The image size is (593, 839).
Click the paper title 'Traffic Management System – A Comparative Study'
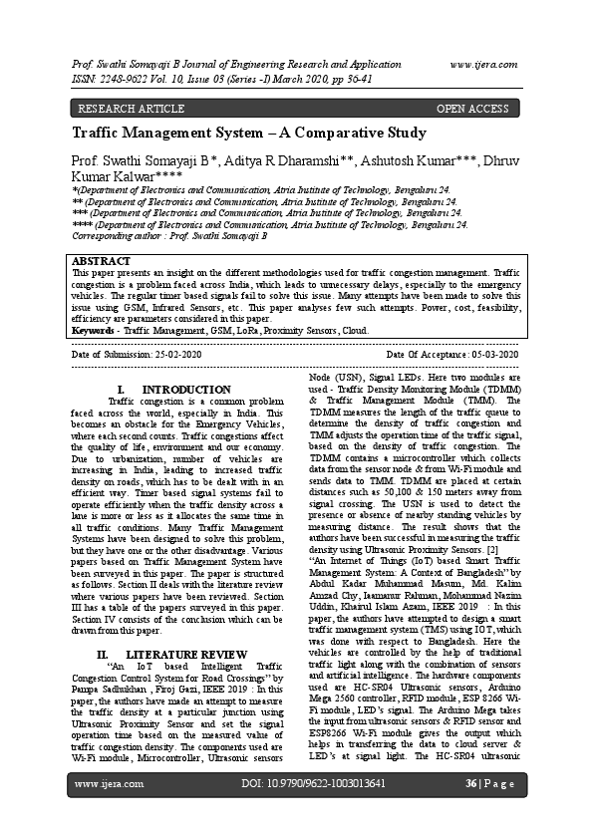click(x=249, y=133)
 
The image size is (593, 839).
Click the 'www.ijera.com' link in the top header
click(x=483, y=63)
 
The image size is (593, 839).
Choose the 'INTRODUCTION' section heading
click(x=186, y=389)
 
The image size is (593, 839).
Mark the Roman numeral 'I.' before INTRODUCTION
click(x=121, y=389)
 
